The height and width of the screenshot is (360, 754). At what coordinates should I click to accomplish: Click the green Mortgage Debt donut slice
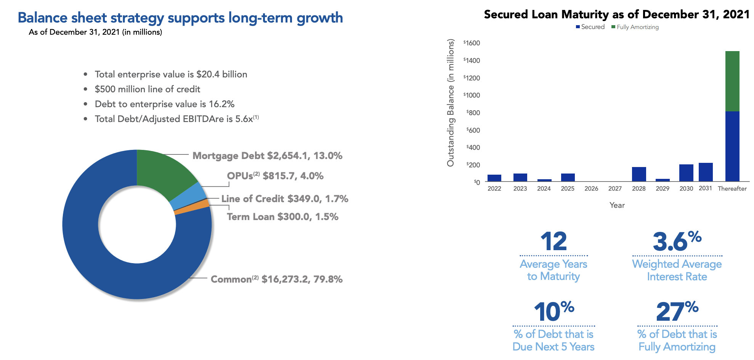coord(162,172)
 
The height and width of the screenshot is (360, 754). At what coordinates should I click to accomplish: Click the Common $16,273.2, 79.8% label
coord(276,280)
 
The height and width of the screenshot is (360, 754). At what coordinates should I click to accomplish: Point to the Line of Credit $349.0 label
coord(284,199)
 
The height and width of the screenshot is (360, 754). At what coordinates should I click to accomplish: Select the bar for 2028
coord(639,174)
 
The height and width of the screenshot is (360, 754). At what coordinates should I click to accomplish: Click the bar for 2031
coord(706,172)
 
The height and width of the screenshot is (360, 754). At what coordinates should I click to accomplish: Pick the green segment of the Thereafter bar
coord(732,81)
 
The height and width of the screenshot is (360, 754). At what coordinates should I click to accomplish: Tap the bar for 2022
coord(494,178)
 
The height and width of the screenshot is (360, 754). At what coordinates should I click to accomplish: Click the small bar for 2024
coord(544,180)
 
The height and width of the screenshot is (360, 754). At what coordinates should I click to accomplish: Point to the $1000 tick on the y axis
coord(472,95)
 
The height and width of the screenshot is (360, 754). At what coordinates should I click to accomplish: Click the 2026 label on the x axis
coord(591,188)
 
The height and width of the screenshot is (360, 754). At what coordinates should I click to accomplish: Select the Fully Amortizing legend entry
coord(635,27)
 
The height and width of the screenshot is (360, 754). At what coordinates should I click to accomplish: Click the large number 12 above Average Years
coord(553,241)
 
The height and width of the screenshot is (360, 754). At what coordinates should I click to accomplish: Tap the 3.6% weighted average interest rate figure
coord(677,241)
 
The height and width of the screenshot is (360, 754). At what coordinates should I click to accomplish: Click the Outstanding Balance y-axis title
coord(451,103)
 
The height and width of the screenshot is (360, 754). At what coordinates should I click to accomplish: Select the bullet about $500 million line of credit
coord(147,89)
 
